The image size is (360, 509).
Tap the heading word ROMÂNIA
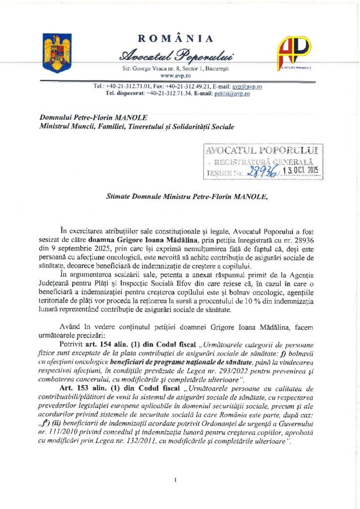(x=175, y=39)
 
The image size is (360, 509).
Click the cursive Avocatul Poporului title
(x=175, y=55)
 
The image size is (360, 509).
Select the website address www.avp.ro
(x=174, y=75)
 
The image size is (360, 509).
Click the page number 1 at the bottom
(x=177, y=480)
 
